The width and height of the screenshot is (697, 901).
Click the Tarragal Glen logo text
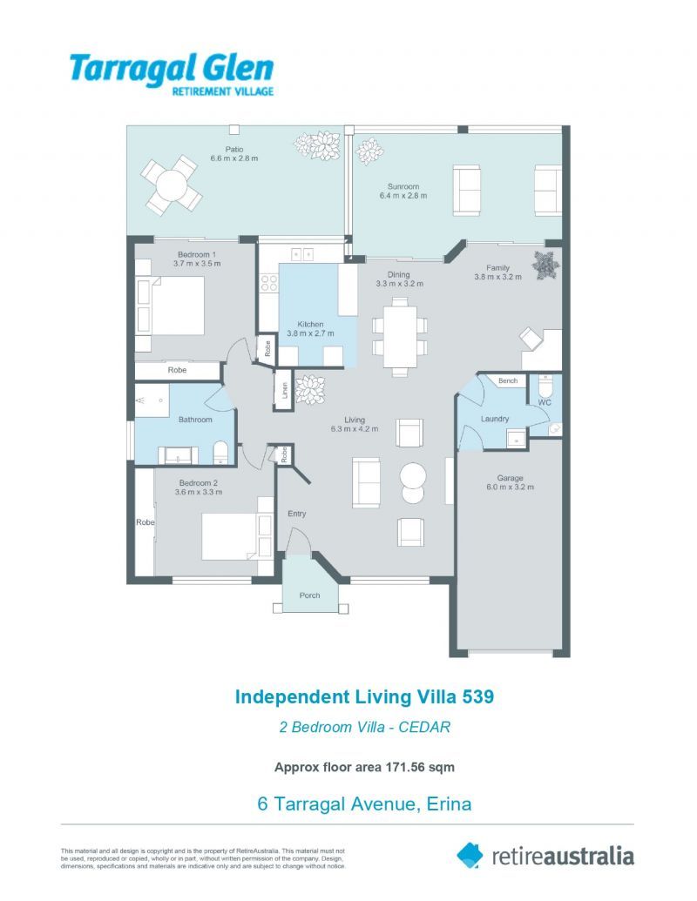click(x=172, y=74)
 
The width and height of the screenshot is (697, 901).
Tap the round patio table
click(x=172, y=185)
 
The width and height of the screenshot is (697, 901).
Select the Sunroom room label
click(x=403, y=186)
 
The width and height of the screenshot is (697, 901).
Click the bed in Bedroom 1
click(x=170, y=306)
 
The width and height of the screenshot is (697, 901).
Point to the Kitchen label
click(x=310, y=324)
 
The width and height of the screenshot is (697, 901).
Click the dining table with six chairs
click(x=400, y=337)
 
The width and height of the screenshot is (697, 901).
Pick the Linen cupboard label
click(x=284, y=391)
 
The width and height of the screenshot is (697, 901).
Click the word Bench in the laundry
click(x=508, y=380)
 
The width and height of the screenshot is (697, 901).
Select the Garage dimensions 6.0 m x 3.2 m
click(x=510, y=487)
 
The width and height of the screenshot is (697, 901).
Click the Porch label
click(x=309, y=595)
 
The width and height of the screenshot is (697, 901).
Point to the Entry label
click(x=297, y=514)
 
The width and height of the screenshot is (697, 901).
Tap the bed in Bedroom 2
click(x=237, y=535)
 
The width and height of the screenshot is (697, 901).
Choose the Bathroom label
click(x=195, y=420)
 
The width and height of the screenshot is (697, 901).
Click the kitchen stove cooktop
click(x=269, y=283)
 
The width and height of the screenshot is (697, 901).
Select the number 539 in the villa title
click(x=478, y=696)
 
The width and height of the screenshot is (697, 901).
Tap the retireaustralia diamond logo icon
click(x=470, y=856)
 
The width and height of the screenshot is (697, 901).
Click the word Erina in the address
click(x=450, y=804)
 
